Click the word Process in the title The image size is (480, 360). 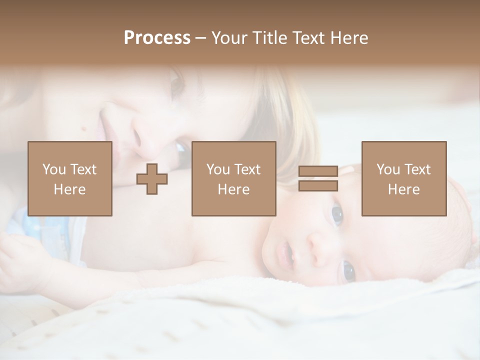[157, 38]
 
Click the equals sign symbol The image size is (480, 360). [318, 178]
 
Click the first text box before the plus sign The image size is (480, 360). [70, 178]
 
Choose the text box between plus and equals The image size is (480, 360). [234, 178]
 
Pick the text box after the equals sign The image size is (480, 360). [404, 178]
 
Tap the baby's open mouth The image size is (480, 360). [285, 253]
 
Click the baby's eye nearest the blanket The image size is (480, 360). [348, 271]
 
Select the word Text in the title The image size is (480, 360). [307, 38]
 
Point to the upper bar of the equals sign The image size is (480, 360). [318, 171]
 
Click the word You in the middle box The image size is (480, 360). [218, 169]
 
